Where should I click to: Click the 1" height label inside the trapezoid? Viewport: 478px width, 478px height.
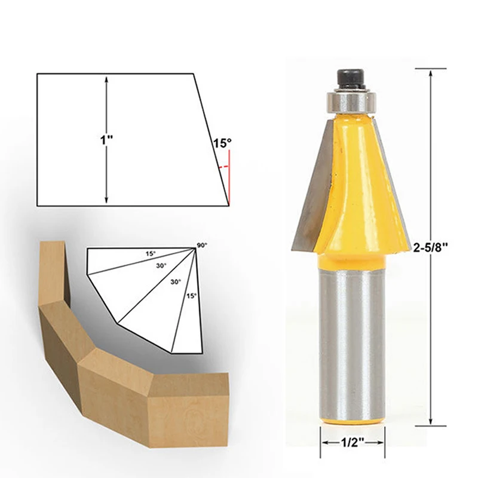(107, 140)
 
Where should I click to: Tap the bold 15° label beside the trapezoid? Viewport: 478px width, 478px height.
(222, 143)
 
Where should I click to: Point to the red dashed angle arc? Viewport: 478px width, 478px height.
(223, 167)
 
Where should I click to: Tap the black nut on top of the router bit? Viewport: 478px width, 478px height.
(351, 79)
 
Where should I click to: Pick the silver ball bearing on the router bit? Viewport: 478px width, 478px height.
(351, 101)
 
